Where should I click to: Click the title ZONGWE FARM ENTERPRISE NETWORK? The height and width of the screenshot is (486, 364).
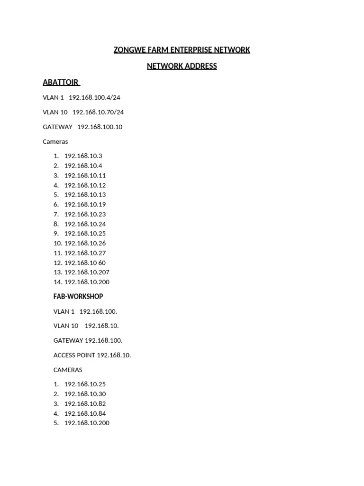click(182, 50)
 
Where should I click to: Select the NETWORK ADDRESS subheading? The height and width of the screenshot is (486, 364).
click(182, 66)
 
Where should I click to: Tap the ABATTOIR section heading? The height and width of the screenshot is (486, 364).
click(61, 82)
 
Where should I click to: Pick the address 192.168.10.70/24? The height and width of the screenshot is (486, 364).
click(98, 112)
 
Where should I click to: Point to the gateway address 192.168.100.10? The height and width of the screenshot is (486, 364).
click(100, 127)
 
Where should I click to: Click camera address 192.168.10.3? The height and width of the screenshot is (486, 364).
click(83, 156)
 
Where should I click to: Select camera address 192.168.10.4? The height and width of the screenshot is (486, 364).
click(83, 166)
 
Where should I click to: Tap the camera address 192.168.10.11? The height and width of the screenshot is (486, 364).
click(85, 175)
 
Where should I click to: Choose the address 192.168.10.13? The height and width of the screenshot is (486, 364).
click(85, 195)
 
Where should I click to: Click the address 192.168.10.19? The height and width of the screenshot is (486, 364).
click(85, 205)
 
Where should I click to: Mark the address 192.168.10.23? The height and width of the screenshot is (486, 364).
click(85, 214)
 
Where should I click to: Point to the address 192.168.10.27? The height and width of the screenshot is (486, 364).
click(85, 253)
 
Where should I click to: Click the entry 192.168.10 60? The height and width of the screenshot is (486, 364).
click(85, 262)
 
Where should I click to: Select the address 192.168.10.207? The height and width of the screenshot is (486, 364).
click(87, 272)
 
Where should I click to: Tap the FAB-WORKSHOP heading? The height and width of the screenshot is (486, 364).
click(78, 297)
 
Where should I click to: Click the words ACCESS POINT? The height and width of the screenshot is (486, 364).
click(74, 355)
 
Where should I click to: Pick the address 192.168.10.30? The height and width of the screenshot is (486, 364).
click(85, 394)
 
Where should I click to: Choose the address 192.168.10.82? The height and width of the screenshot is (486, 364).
click(85, 403)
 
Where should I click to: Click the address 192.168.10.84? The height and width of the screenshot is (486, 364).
click(85, 413)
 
